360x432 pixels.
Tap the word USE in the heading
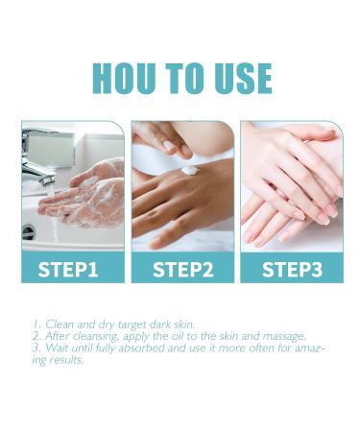point(235,78)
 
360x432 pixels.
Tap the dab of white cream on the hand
point(189,171)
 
